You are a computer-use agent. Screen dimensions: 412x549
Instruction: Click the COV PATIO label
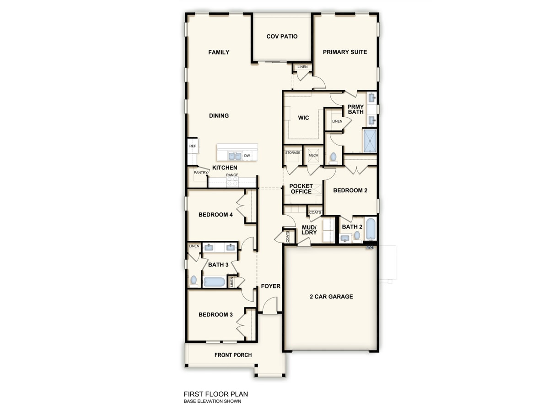pos(282,37)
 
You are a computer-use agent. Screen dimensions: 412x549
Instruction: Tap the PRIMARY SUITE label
pos(345,52)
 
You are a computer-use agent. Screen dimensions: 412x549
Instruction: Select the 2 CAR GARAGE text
pos(331,297)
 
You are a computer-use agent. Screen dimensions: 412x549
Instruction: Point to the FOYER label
pos(270,287)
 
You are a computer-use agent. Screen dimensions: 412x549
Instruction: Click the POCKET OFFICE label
pos(301,189)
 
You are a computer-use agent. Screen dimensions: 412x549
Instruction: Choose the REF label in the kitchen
pos(193,146)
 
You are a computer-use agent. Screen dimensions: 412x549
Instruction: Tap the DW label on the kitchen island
pos(247,156)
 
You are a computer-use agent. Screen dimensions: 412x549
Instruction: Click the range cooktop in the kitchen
pos(232,181)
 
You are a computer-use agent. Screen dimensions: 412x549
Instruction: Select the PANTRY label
pos(200,173)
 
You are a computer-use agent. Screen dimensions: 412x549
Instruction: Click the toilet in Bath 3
pos(194,280)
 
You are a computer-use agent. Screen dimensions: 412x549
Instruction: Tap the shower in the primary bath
pos(369,141)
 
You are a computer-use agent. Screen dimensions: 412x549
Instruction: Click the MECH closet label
pos(313,156)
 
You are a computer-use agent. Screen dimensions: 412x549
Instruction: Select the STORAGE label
pos(293,152)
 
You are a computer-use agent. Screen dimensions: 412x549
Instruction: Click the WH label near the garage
pos(370,248)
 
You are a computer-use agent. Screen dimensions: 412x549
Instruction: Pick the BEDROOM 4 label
pos(215,215)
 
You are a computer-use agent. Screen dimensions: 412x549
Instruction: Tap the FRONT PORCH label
pos(233,355)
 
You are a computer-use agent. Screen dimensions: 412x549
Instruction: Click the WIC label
pos(303,118)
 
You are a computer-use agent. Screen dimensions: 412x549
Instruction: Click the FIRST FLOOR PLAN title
pos(215,394)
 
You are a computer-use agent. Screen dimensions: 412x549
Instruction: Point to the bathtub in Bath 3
pos(214,281)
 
